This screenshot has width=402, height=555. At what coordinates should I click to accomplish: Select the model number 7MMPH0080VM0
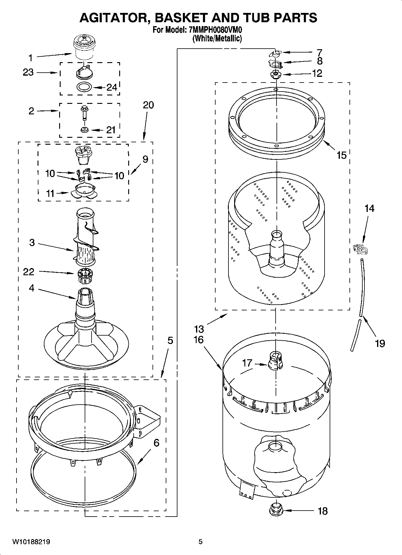tap(216, 30)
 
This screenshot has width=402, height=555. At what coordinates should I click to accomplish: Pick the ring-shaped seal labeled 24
tap(84, 87)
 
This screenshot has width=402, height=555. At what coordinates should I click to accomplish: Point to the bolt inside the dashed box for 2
tap(84, 113)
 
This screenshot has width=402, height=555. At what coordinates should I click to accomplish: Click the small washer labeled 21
tap(84, 130)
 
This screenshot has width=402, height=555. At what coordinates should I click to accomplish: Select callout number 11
tap(50, 193)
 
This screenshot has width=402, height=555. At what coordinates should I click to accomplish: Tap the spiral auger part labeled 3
tap(86, 237)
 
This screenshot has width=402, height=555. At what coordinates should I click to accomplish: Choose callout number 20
tap(148, 105)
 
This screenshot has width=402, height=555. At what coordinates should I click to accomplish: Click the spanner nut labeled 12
tap(275, 74)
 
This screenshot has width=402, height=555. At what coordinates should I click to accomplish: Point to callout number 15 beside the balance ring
tap(341, 155)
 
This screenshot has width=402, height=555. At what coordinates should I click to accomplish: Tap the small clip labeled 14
tap(361, 249)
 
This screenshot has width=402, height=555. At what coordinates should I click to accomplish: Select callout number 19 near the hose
tap(380, 343)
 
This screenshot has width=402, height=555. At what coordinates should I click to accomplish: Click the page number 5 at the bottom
tap(201, 542)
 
